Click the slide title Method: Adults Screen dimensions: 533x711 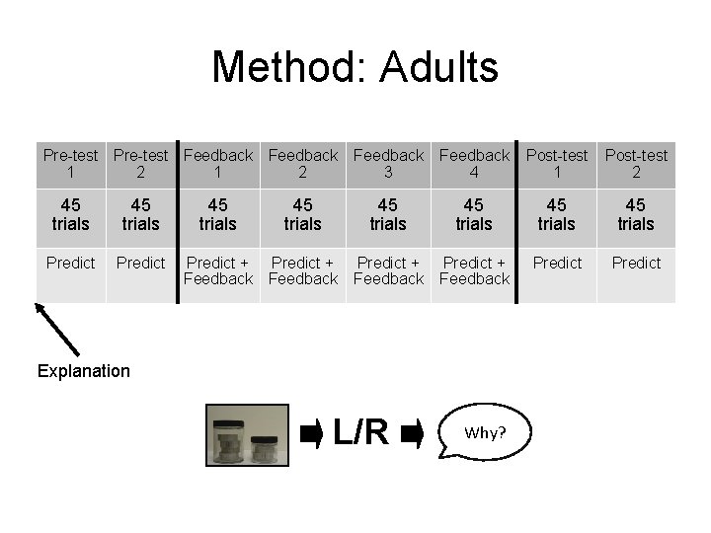click(x=355, y=68)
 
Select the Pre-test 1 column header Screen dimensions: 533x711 click(x=71, y=163)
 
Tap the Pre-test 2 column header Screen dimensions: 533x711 click(x=140, y=163)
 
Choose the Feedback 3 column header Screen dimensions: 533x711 click(x=388, y=163)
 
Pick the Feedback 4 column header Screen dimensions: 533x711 click(x=474, y=163)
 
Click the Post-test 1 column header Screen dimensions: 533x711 click(x=556, y=163)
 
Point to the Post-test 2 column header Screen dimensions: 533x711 click(x=636, y=163)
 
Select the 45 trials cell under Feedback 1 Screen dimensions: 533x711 click(x=217, y=214)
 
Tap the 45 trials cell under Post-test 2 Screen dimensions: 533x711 click(x=636, y=214)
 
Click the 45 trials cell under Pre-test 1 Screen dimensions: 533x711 click(x=71, y=214)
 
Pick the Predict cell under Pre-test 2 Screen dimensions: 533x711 click(x=140, y=263)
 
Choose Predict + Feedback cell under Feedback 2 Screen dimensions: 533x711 click(x=303, y=270)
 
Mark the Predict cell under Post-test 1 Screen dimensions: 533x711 click(x=556, y=263)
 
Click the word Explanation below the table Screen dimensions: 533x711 click(x=83, y=371)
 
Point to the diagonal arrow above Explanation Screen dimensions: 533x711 click(x=57, y=328)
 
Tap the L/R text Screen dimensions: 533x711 click(x=360, y=432)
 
